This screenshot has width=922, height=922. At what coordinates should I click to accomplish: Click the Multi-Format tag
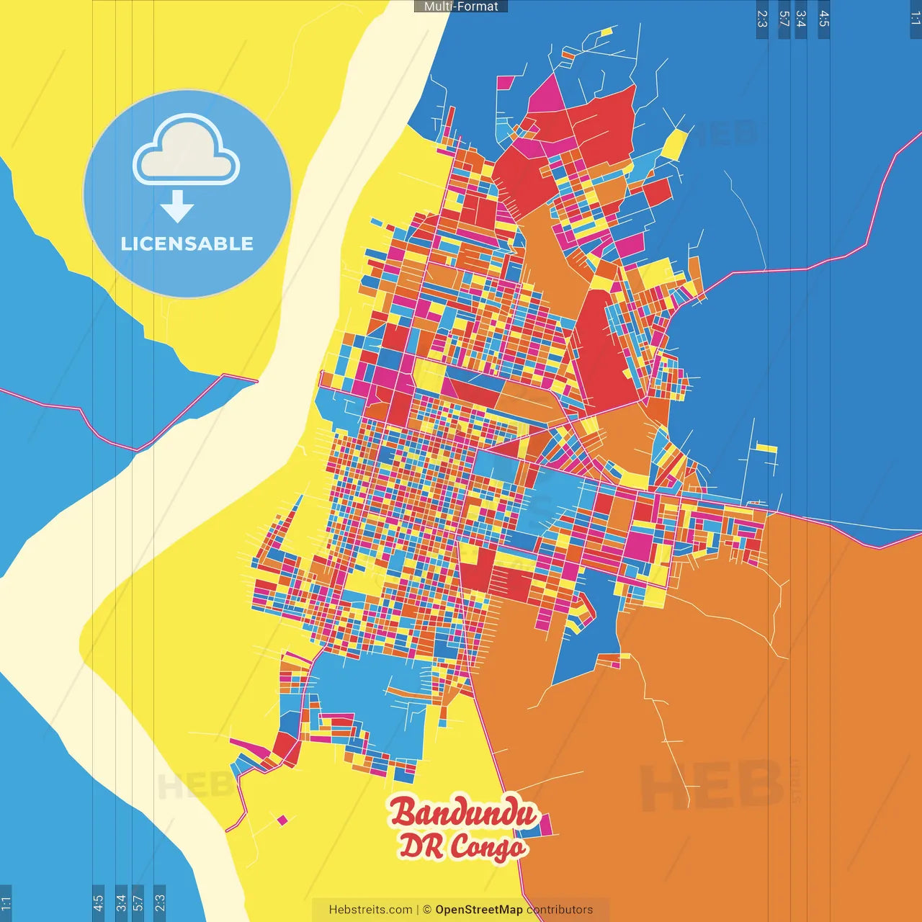[461, 6]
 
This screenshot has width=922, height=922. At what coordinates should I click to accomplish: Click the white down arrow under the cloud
[177, 207]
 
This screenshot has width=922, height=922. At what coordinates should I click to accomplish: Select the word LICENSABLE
[187, 243]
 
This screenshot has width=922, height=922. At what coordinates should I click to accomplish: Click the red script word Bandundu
[463, 813]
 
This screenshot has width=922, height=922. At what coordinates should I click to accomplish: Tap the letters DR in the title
[421, 846]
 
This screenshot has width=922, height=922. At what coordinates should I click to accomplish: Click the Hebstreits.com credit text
[370, 910]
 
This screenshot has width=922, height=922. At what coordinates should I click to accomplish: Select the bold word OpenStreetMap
[479, 910]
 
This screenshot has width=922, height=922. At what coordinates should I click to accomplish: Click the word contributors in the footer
[560, 910]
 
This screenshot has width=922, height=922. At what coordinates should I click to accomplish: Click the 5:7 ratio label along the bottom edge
[138, 902]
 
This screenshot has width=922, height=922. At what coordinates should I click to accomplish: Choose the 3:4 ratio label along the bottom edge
[121, 902]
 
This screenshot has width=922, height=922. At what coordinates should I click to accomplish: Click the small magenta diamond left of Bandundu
[282, 820]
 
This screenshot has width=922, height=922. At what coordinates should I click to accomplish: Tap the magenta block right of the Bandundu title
[544, 825]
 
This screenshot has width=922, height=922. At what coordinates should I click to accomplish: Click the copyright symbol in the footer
[427, 910]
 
